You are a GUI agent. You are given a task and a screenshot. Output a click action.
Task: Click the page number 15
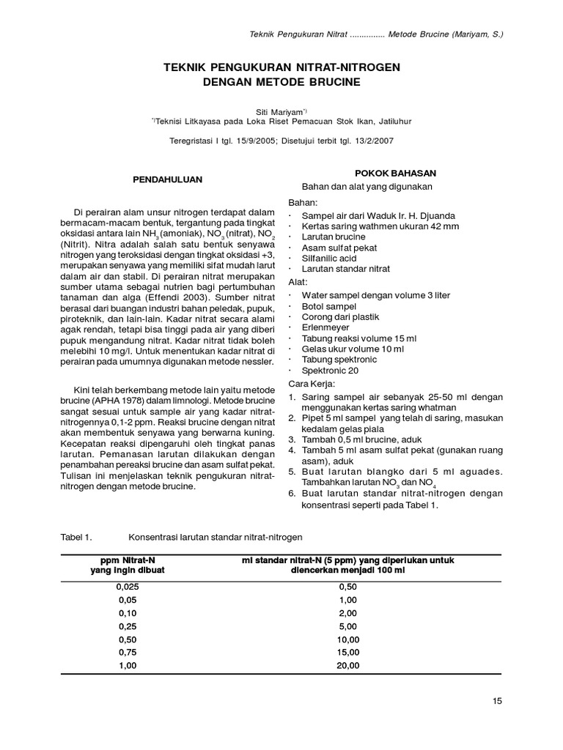(x=497, y=702)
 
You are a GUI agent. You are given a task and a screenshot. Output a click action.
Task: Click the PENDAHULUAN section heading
(x=166, y=179)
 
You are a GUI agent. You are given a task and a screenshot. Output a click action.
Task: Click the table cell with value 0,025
(x=127, y=587)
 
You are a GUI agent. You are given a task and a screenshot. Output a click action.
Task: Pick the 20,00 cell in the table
(x=349, y=665)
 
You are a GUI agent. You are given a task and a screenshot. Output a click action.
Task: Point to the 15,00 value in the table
(x=349, y=652)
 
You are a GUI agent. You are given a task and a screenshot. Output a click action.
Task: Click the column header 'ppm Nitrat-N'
(x=128, y=560)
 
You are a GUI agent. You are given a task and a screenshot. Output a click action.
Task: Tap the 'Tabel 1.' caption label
(x=76, y=537)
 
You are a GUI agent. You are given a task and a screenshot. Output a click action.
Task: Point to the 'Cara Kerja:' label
(x=312, y=383)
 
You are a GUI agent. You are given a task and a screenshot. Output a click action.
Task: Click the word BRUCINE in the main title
(x=328, y=83)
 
